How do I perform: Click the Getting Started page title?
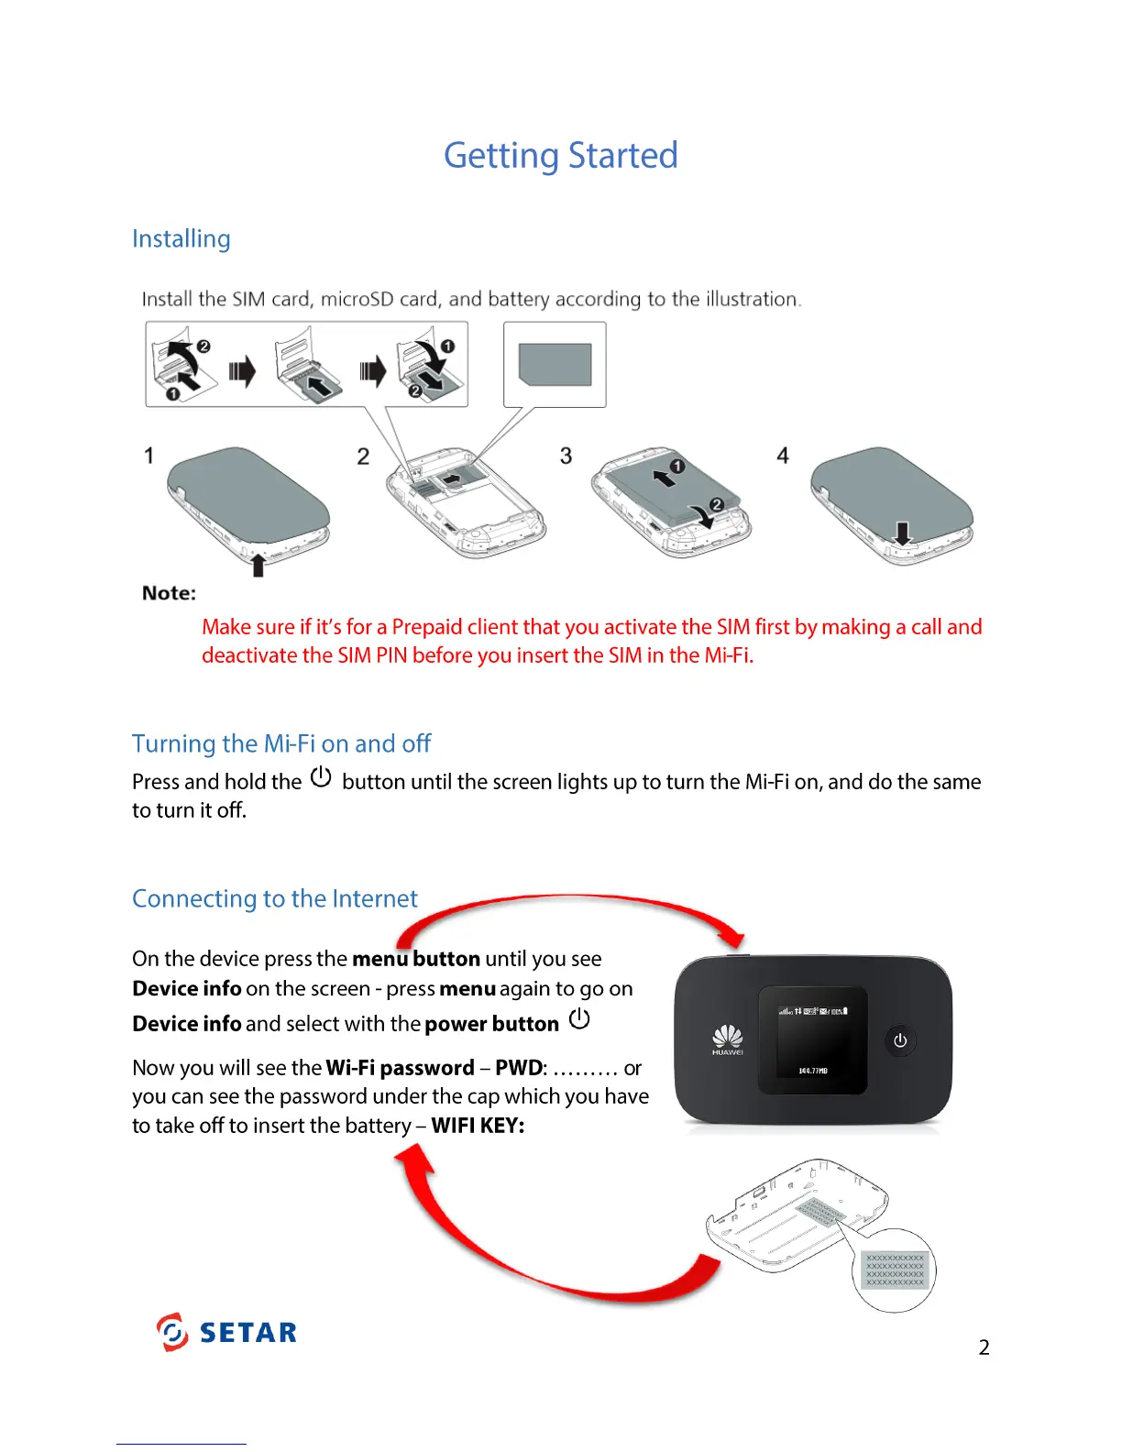pos(560,156)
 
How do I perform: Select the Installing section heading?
pos(181,239)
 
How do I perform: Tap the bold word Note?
pos(170,593)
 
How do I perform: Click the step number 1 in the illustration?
pos(148,456)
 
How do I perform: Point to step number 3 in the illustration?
pos(566,456)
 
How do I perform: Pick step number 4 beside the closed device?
pos(783,456)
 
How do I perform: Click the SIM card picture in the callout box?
pos(555,364)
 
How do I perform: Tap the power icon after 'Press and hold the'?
pos(321,778)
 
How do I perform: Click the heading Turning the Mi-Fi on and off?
pos(281,743)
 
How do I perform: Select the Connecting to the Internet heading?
pos(275,898)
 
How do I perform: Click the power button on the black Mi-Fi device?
pos(900,1040)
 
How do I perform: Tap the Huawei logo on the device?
pos(728,1040)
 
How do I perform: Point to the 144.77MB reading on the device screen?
pos(813,1071)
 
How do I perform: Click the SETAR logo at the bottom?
pos(227,1332)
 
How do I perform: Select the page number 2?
pos(984,1347)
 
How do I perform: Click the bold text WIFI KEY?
pos(478,1126)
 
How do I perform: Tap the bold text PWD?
pos(519,1068)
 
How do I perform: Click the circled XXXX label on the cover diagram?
pos(895,1270)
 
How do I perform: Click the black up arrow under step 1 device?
pos(258,565)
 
